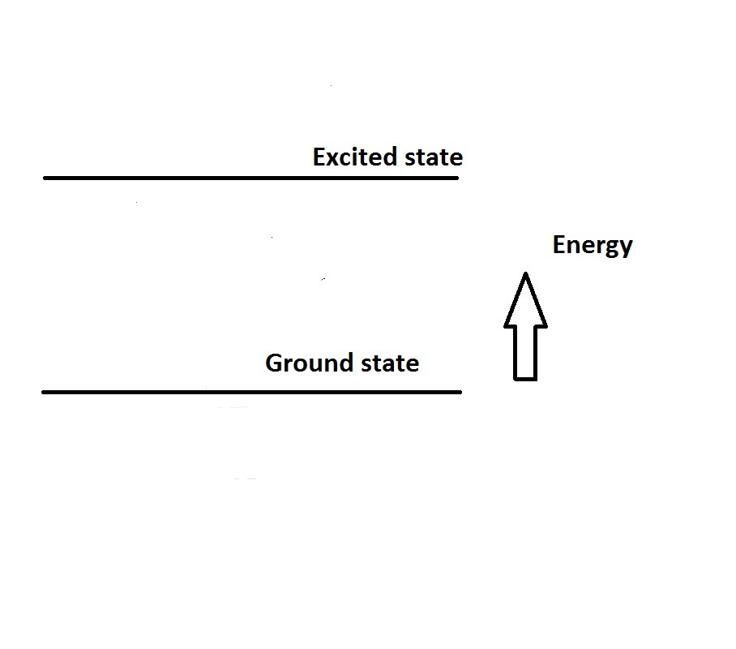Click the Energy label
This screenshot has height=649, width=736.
point(593,245)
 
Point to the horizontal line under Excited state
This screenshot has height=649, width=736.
point(251,178)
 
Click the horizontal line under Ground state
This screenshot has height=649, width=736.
point(251,392)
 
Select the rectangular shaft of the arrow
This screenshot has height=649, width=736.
point(525,352)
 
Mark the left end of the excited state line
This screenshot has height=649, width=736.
point(46,178)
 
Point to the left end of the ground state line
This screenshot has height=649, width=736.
point(45,392)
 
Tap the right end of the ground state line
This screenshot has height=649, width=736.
point(459,392)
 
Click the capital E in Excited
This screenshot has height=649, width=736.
point(319,157)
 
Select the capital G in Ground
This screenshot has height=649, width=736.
point(274,363)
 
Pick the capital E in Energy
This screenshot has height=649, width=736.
point(559,245)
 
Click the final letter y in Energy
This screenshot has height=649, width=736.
point(626,247)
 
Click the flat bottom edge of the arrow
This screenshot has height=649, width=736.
point(525,378)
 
